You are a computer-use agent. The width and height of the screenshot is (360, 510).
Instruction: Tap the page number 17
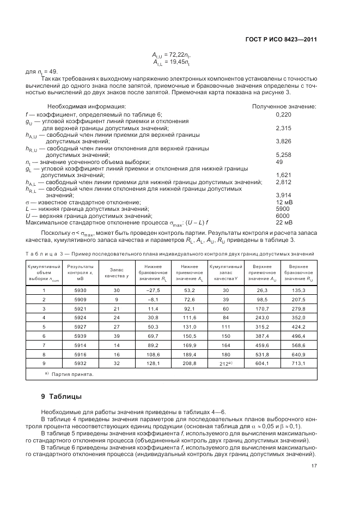(x=314, y=466)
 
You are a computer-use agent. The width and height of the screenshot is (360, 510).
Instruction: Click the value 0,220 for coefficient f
(x=284, y=114)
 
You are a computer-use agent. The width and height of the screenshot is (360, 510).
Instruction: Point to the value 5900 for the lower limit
(x=283, y=209)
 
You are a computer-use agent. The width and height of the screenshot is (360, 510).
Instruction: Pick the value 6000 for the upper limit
(x=283, y=216)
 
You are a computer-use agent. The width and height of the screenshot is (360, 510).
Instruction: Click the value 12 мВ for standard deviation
(x=284, y=203)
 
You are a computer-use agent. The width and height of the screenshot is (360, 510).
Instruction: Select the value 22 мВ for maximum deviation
(x=284, y=222)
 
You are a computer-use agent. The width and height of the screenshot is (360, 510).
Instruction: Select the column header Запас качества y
(x=117, y=272)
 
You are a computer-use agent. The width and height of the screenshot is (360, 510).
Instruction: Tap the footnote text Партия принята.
(x=70, y=374)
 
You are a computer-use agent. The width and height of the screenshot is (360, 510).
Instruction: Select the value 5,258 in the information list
(x=284, y=154)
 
